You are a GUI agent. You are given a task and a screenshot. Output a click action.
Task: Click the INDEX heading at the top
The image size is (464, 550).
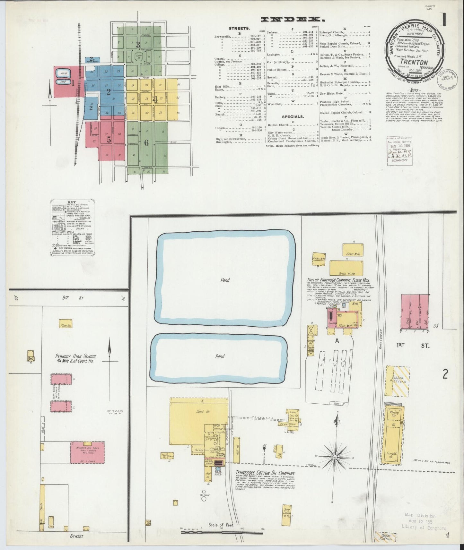coord(293,20)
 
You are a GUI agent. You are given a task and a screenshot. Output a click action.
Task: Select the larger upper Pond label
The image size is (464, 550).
coord(225,280)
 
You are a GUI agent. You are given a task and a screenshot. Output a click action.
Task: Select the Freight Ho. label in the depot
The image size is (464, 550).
coord(392,456)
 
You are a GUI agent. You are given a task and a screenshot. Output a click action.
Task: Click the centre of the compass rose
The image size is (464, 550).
coord(335,456)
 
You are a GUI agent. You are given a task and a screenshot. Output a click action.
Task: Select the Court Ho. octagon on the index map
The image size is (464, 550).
coord(139,57)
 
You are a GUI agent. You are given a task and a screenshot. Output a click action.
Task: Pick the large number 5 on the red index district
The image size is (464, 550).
coord(109,140)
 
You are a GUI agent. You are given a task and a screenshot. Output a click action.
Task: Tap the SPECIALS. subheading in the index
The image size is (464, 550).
coord(292,116)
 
